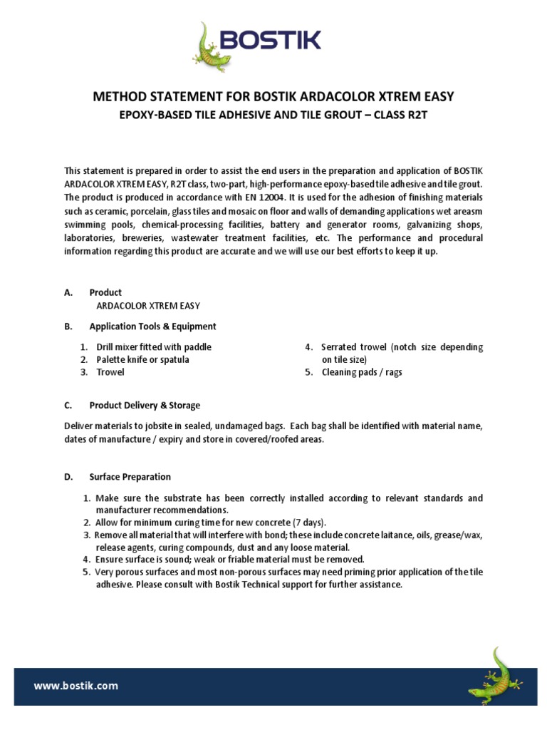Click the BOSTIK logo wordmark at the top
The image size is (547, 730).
point(271,41)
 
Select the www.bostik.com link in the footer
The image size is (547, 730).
point(76,686)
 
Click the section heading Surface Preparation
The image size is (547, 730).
point(130,477)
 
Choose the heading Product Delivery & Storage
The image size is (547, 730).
point(145,406)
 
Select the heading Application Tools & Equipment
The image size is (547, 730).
point(152,327)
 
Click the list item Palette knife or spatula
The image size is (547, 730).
point(142,360)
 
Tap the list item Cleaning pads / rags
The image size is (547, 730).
point(362,372)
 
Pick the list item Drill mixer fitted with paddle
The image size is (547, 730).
point(154,347)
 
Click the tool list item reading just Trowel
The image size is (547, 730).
point(110,372)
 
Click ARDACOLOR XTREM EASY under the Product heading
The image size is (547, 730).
point(148,306)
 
